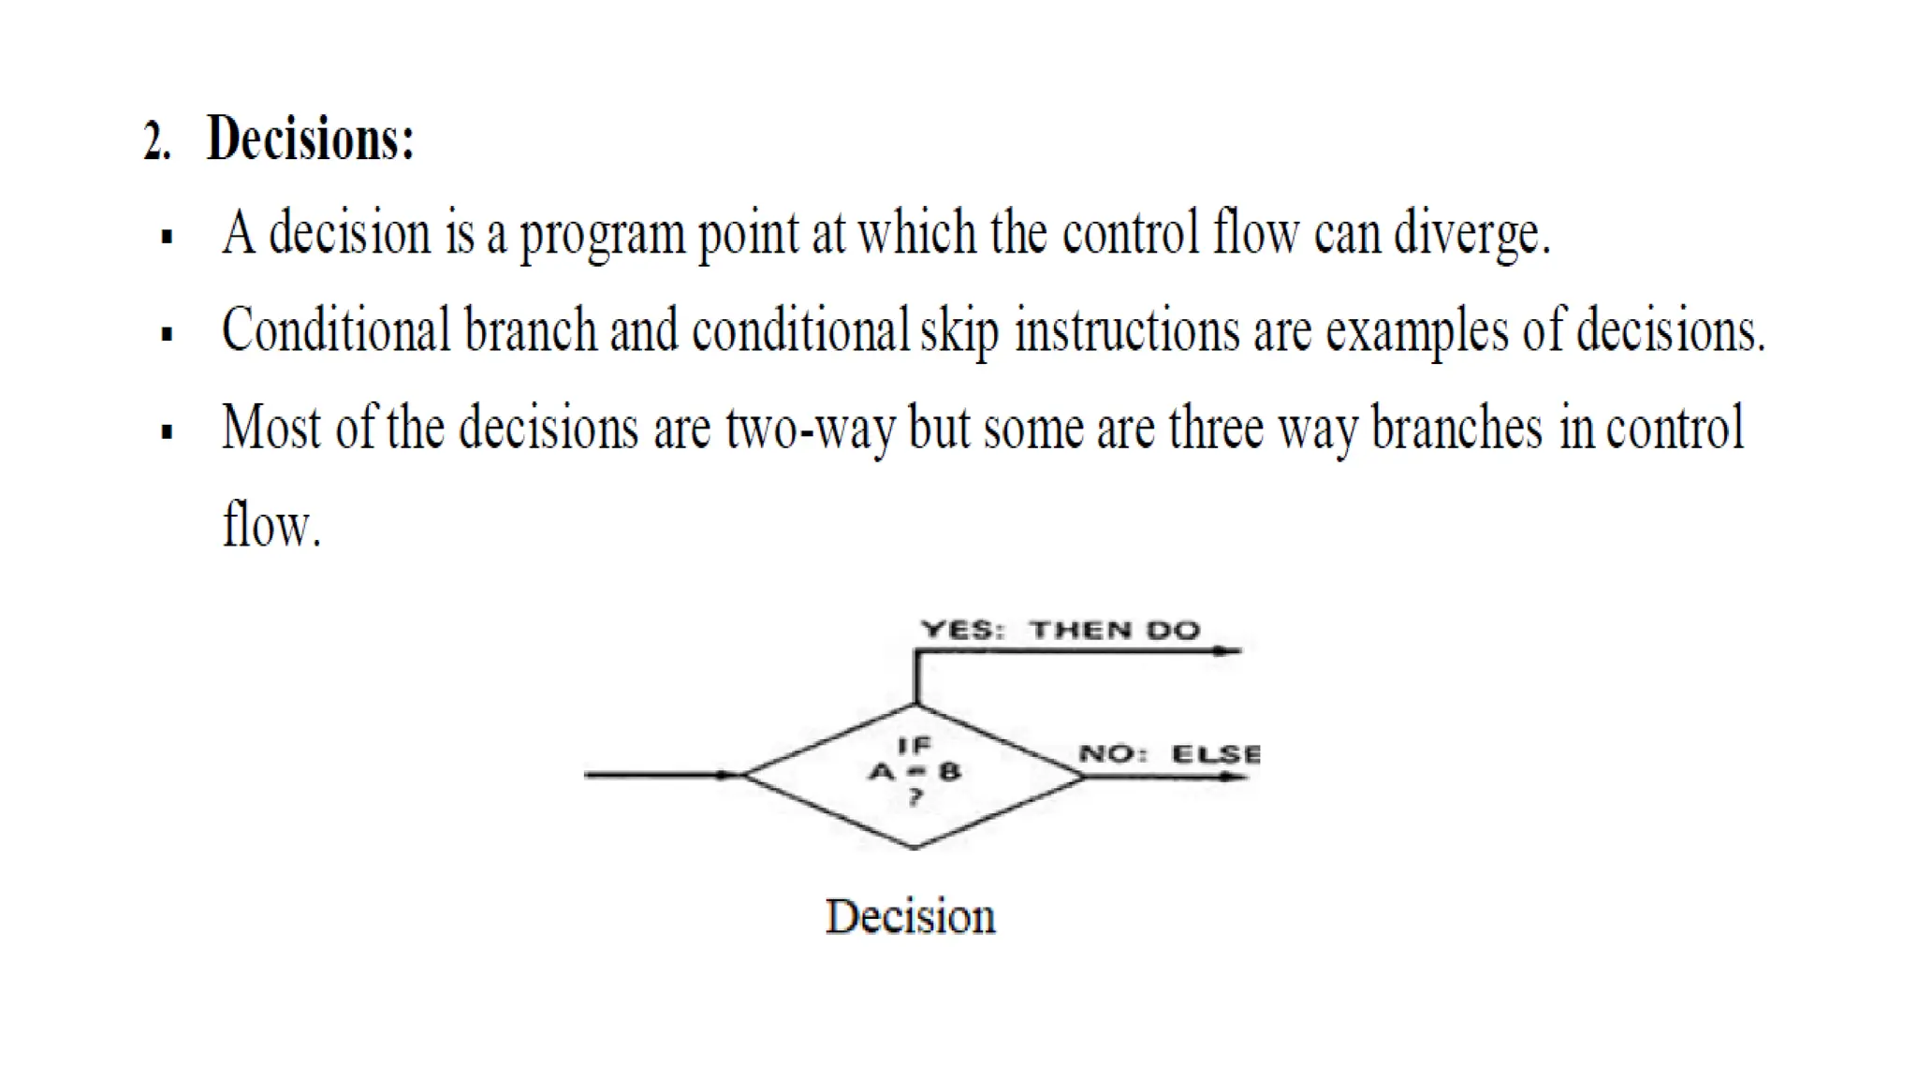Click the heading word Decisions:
(x=310, y=138)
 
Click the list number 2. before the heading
(x=157, y=141)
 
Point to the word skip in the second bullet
(x=958, y=332)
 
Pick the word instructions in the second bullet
(x=1127, y=332)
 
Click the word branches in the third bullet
(x=1456, y=429)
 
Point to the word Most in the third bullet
(x=271, y=429)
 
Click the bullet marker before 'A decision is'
(x=168, y=236)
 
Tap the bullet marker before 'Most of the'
(x=168, y=431)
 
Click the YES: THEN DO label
(x=1060, y=630)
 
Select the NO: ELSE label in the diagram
(x=1169, y=754)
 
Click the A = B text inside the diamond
(x=915, y=772)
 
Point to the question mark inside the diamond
(x=915, y=797)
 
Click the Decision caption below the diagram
(x=910, y=917)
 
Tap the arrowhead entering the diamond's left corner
(x=726, y=775)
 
